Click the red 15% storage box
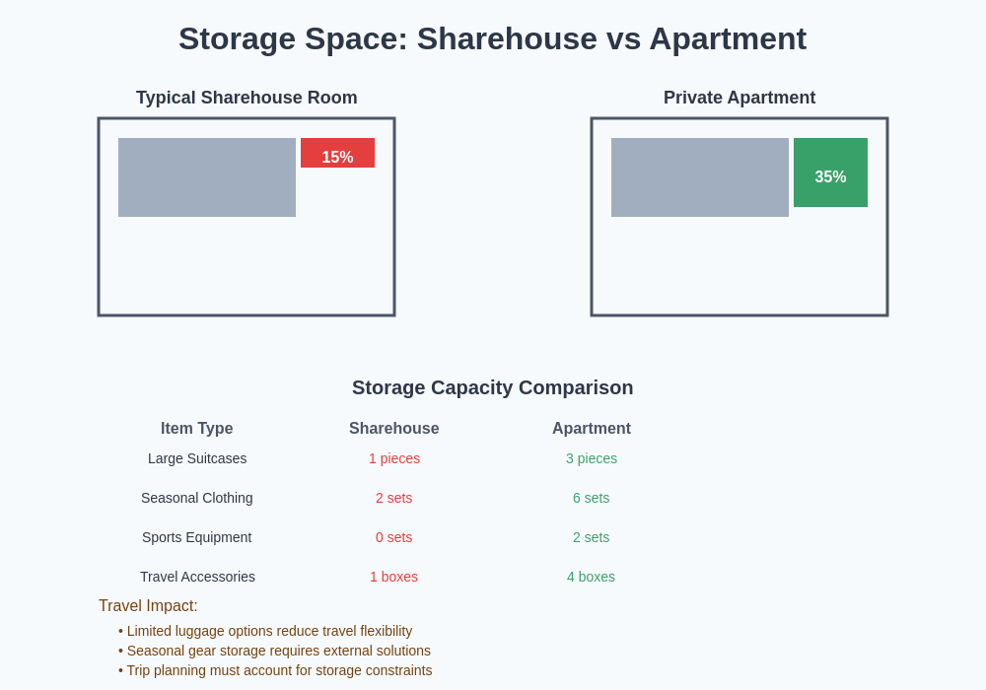[x=337, y=153]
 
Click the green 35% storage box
[x=830, y=172]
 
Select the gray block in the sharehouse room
[x=207, y=177]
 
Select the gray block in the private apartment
[x=700, y=177]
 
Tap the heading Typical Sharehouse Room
[x=246, y=98]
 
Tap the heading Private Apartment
[x=739, y=98]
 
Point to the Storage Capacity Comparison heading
[x=493, y=387]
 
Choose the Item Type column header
[x=197, y=429]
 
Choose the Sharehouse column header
[x=394, y=429]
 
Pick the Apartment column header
[x=592, y=429]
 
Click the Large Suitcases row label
[x=197, y=458]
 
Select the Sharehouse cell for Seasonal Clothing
[x=394, y=498]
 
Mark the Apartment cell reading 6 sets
[x=592, y=498]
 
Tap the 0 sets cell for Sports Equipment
[x=394, y=537]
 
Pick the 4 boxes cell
[x=591, y=577]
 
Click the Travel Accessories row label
[x=197, y=577]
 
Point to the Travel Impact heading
[x=148, y=606]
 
